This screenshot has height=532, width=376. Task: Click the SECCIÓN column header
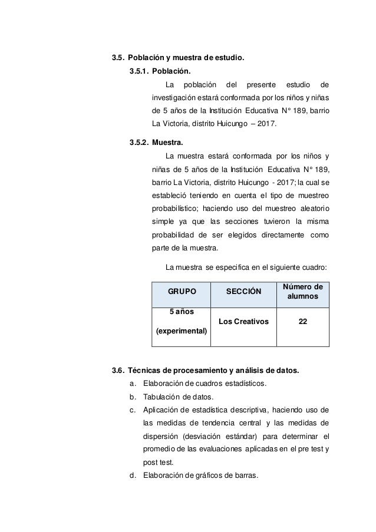(x=243, y=292)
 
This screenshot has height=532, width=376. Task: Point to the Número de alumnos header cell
(x=302, y=292)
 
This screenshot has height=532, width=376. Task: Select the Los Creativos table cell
(x=243, y=322)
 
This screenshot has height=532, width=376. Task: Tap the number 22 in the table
(x=302, y=322)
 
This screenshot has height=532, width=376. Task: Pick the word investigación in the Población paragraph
(x=177, y=97)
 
